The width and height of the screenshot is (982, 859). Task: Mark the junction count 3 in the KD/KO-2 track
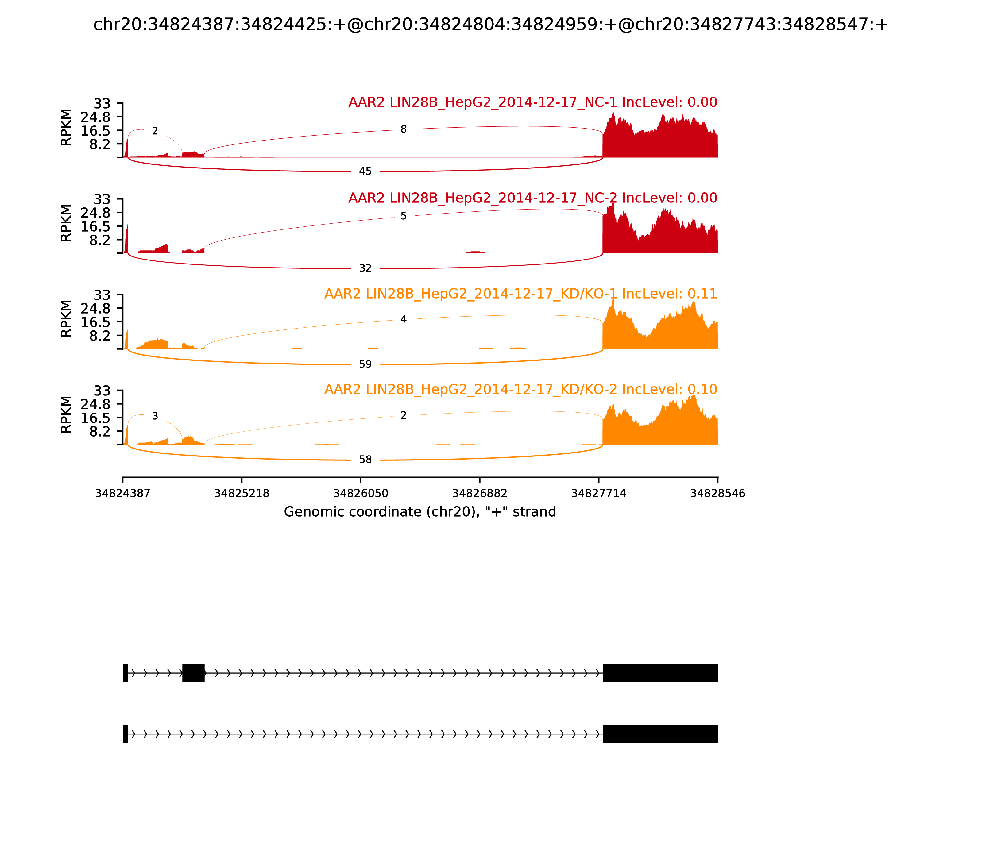[155, 416]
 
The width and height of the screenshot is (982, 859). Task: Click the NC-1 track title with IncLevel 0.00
[532, 102]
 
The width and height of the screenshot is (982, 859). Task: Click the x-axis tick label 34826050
[361, 493]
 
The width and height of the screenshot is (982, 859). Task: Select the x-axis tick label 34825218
[242, 493]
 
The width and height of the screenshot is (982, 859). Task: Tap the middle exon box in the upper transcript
[193, 673]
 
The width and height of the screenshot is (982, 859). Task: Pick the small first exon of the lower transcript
[125, 734]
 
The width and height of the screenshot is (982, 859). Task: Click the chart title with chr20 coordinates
[490, 25]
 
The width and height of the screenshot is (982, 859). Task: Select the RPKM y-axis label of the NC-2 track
[66, 223]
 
